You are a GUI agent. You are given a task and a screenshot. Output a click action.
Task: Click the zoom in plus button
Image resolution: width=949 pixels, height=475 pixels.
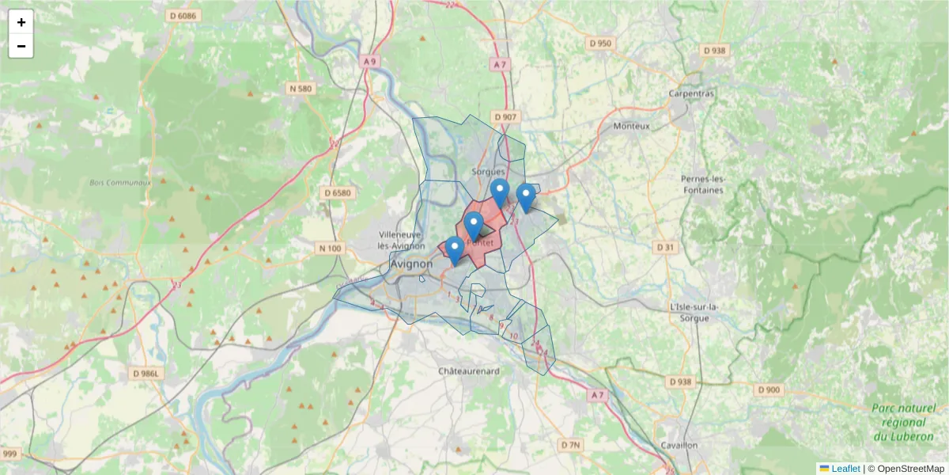[21, 22]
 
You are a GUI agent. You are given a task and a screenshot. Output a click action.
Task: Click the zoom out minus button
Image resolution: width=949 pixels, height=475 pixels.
[21, 46]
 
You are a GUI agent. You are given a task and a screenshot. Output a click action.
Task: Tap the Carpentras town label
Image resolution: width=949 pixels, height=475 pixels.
[691, 93]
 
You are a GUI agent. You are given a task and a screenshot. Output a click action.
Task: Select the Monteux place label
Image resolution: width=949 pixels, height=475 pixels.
[631, 126]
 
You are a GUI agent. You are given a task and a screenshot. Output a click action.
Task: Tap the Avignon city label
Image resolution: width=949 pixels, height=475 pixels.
[411, 264]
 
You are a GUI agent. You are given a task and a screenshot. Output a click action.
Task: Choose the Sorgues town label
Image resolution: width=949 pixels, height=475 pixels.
[488, 171]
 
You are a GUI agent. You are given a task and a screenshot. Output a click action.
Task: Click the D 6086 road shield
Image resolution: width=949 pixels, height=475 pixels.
[183, 16]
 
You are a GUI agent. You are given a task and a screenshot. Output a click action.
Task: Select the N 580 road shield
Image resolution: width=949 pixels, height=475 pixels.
[301, 89]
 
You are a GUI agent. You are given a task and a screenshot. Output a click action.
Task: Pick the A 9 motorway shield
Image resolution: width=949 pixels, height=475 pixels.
[369, 61]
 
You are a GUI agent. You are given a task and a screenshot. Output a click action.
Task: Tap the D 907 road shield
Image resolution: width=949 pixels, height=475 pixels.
[505, 117]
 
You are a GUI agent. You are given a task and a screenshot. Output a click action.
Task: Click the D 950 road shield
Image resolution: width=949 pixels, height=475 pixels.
[600, 43]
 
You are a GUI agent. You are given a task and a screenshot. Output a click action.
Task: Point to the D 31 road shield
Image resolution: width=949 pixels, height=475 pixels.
[666, 248]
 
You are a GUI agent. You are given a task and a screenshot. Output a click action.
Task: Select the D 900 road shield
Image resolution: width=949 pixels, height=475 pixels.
[768, 389]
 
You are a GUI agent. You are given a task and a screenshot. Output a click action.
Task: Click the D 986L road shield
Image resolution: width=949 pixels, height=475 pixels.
[146, 374]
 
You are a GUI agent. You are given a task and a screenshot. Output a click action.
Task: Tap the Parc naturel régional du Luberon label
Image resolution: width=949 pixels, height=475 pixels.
[903, 422]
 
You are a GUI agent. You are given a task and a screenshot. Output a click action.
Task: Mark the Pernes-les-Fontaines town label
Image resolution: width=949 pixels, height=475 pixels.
[702, 184]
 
